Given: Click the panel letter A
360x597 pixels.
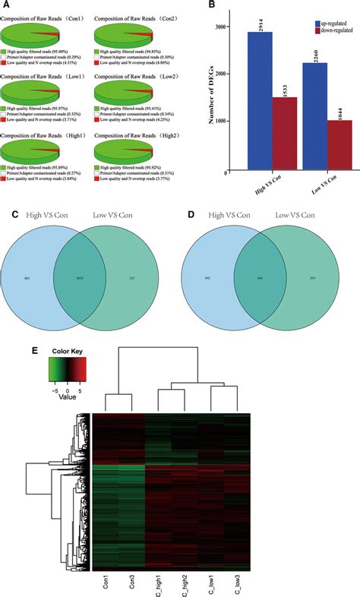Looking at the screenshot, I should (7, 6).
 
